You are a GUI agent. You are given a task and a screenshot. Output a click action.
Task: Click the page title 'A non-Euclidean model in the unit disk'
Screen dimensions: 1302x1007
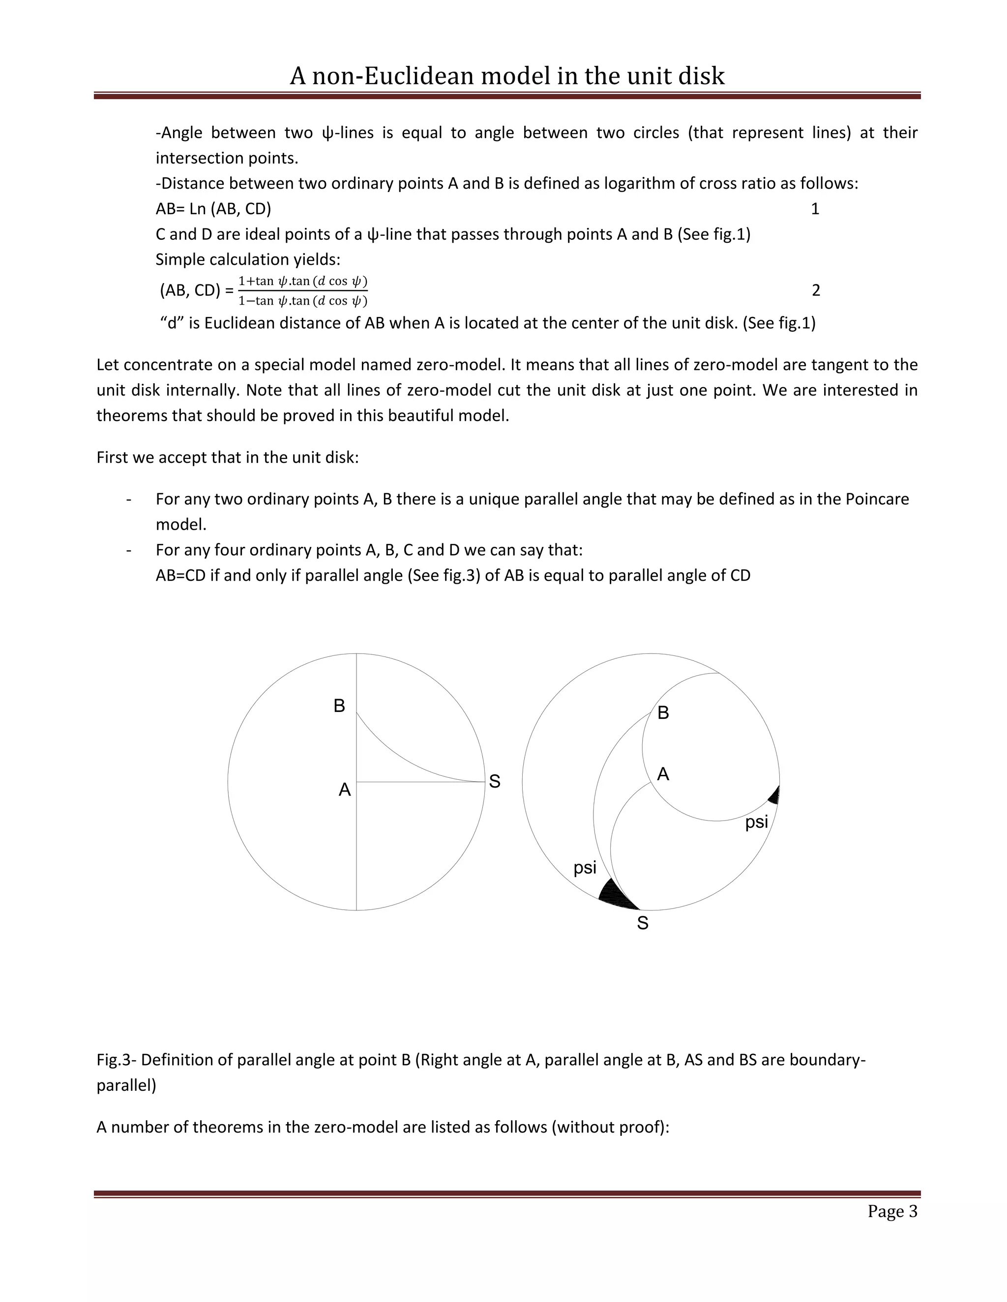click(507, 76)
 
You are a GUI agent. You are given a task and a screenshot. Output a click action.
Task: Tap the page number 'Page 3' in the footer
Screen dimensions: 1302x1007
click(892, 1212)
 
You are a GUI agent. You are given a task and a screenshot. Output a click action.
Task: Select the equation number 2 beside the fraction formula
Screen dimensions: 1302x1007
click(816, 290)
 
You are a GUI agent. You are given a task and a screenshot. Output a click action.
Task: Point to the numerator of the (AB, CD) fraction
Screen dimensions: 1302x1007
click(302, 281)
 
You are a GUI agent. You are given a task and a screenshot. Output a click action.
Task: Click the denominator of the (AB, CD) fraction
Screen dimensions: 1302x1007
click(302, 301)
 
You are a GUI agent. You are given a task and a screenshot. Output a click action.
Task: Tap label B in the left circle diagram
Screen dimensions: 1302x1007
click(339, 706)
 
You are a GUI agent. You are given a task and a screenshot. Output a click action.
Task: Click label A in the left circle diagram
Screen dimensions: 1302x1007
click(344, 790)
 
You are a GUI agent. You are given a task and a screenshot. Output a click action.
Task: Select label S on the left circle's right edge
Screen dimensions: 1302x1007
click(495, 781)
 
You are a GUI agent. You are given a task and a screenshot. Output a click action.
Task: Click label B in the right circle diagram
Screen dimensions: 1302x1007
click(663, 713)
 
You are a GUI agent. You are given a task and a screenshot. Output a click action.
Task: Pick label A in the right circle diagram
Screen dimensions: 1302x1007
click(663, 774)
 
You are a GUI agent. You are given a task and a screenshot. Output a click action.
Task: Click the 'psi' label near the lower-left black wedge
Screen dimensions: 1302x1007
click(585, 867)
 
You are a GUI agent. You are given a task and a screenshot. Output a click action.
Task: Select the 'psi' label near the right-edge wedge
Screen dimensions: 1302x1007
click(756, 822)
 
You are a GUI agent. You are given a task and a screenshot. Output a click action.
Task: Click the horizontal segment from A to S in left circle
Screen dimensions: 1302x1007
click(420, 782)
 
